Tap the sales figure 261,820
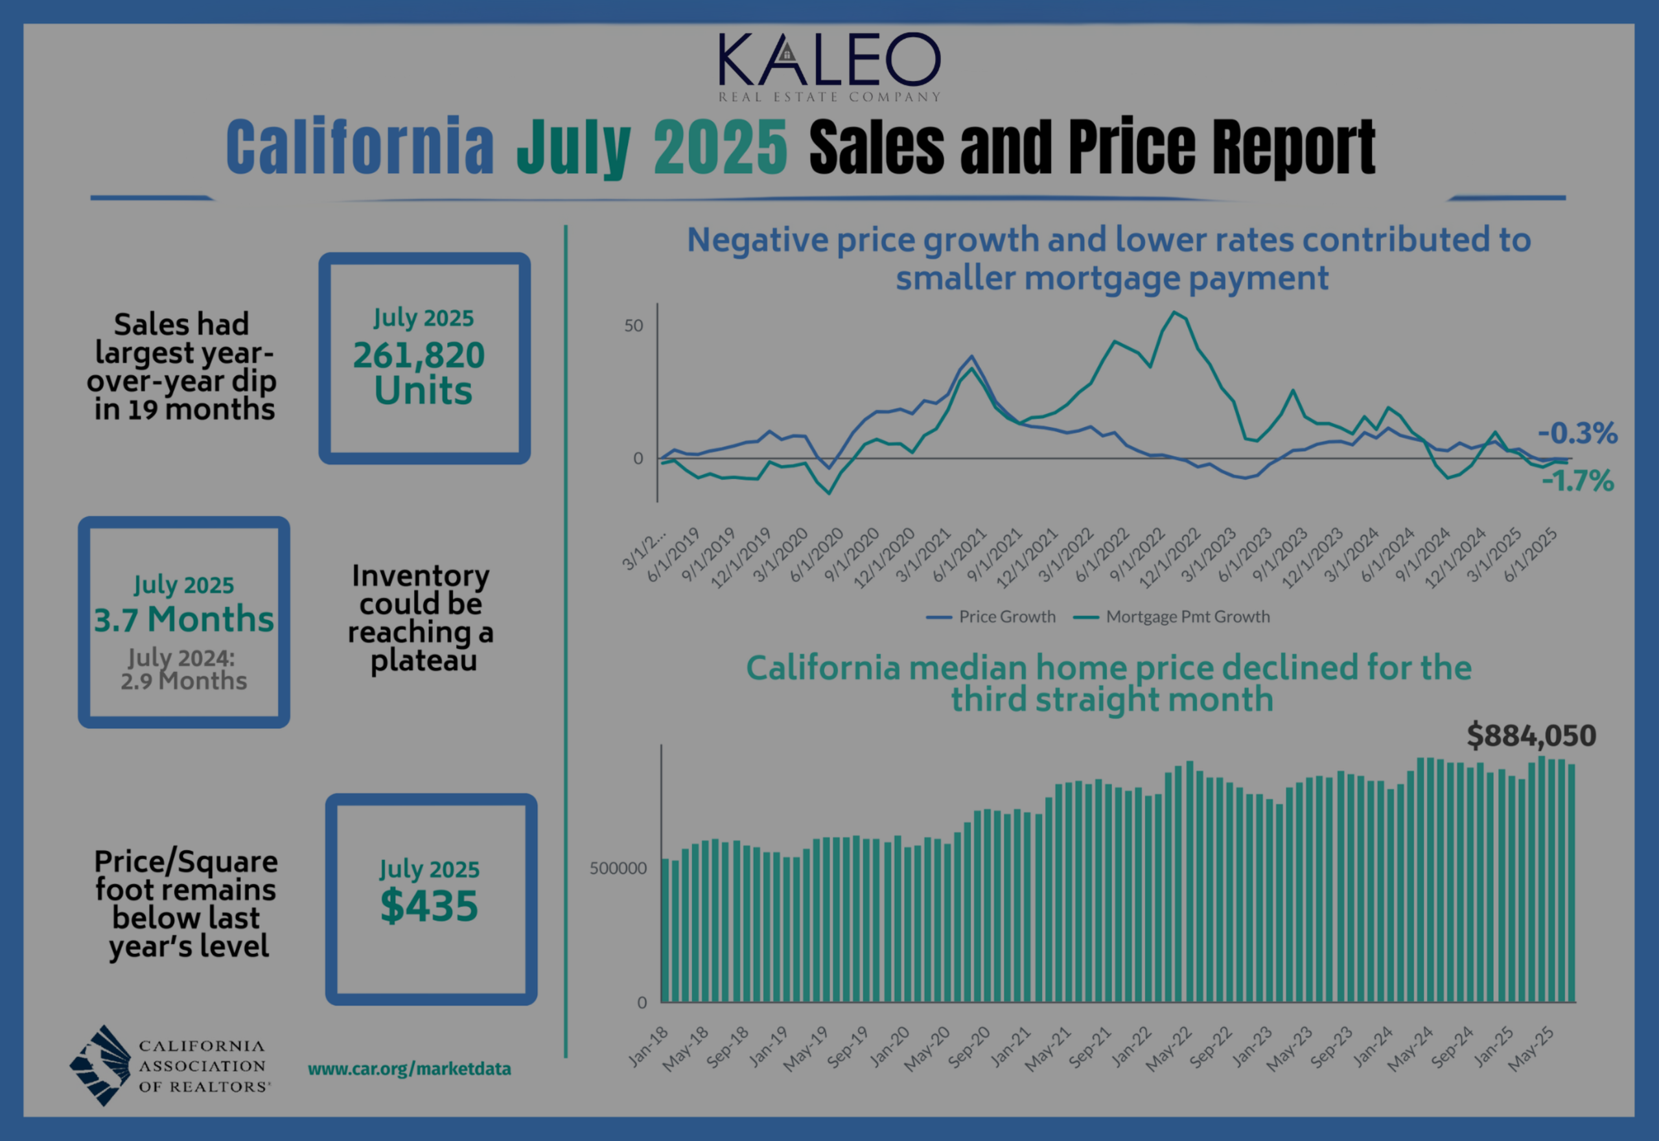point(419,355)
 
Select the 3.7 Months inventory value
point(184,619)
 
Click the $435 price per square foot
point(429,906)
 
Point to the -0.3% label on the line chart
point(1577,433)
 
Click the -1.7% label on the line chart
point(1577,481)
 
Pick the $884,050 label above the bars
point(1531,735)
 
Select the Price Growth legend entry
point(991,616)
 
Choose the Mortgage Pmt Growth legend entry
point(1173,616)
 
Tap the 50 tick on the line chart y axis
point(634,326)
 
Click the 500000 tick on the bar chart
point(618,868)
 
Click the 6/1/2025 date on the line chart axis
point(1531,555)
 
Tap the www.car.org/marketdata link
point(409,1069)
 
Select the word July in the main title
point(574,147)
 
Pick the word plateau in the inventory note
point(423,660)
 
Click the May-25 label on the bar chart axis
point(1533,1048)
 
